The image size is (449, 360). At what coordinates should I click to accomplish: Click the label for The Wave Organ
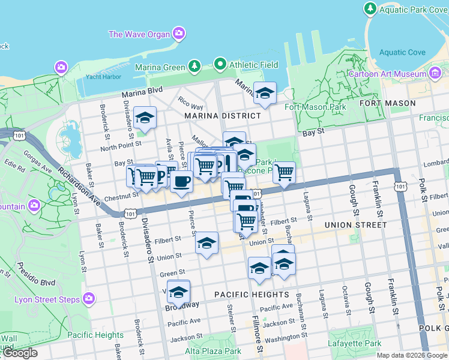139,34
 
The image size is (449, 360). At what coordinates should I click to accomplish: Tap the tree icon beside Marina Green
194,66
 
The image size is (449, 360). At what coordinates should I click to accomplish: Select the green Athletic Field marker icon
220,64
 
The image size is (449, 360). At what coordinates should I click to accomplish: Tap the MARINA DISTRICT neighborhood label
223,115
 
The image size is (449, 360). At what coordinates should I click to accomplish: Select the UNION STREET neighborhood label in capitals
355,225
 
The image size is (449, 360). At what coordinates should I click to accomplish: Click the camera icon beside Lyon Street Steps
89,298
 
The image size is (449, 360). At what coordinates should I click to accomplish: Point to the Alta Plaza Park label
213,351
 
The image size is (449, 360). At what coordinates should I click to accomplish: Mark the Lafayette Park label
354,344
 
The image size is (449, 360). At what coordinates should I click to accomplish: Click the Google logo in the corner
19,353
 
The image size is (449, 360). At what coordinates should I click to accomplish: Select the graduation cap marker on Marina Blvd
265,93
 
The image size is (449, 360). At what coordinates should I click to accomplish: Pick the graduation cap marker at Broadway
178,291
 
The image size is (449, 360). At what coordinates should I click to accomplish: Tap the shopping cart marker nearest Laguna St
284,172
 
